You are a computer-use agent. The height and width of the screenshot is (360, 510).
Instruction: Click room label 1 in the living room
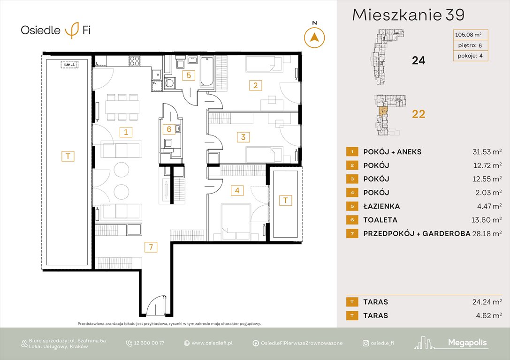(125, 132)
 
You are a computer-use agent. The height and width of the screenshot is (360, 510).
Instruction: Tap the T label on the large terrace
(68, 157)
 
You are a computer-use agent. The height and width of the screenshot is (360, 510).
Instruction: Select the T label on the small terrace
(285, 200)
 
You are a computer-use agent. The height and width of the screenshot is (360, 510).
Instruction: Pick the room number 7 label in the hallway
(150, 247)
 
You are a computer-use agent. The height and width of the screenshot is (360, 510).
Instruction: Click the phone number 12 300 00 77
(148, 343)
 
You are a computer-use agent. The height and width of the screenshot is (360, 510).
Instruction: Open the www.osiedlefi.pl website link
(212, 343)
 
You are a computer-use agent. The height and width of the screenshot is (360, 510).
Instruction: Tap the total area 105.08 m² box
(468, 34)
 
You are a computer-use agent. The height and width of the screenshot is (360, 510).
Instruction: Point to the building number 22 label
(418, 114)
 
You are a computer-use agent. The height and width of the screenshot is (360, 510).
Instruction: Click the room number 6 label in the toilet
(168, 129)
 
